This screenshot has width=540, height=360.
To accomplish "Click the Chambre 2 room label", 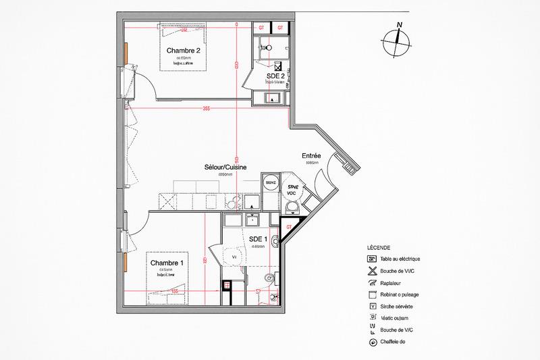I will [x=184, y=49].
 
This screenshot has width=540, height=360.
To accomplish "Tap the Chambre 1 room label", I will [x=167, y=263].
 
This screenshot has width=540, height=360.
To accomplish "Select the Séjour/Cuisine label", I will [x=225, y=166].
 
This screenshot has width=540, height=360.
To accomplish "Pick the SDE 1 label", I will [x=259, y=239].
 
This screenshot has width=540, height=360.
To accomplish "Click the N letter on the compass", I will [x=400, y=26].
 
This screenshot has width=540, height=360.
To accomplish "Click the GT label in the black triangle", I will [x=289, y=226].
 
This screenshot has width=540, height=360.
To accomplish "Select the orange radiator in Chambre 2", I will [x=126, y=51].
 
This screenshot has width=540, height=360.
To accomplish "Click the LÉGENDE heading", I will [x=379, y=248].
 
